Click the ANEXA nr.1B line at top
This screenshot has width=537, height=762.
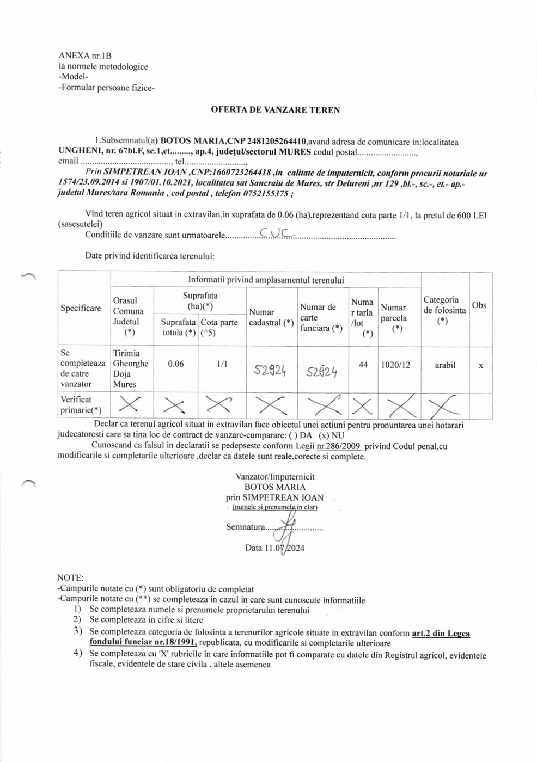pos(85,56)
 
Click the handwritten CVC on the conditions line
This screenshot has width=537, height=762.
pos(276,233)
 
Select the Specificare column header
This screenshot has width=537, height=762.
pos(81,308)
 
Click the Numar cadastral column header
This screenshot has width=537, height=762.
pos(271,317)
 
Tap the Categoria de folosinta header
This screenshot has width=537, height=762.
pos(444,310)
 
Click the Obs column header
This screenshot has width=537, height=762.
pos(479,305)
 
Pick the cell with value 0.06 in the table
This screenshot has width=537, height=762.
pos(176,364)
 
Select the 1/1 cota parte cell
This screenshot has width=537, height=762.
pos(222,364)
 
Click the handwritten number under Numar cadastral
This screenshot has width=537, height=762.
pos(270,371)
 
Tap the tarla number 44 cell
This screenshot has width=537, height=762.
pos(363,365)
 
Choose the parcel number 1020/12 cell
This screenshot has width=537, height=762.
pos(396,365)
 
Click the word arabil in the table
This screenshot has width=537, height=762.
pos(445,365)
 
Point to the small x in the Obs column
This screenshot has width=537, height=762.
pos(481,366)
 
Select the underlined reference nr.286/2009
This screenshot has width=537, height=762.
pos(339,446)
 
